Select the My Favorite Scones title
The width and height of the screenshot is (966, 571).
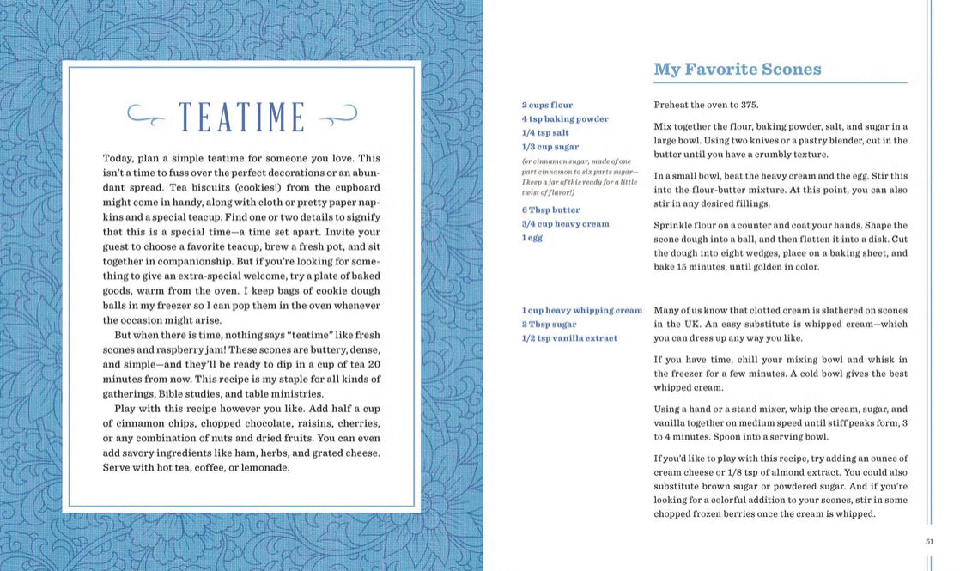[x=737, y=70]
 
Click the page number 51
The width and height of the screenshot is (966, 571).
[x=929, y=540]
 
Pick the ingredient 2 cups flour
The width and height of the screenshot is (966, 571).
[x=547, y=106]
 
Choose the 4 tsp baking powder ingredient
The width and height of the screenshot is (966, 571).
[x=565, y=119]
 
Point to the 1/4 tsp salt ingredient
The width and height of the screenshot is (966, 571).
[x=544, y=133]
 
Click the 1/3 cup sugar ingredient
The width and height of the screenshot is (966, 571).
[x=550, y=147]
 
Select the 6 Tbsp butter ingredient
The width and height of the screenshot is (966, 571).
[x=550, y=210]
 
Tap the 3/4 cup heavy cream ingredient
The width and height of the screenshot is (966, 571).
[x=565, y=223]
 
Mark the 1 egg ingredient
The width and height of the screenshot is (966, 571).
[x=532, y=237]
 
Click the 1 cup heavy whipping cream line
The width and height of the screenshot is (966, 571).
[x=581, y=310]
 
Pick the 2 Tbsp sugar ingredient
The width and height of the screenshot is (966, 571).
[x=549, y=324]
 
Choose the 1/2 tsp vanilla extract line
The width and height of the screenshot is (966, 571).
[x=569, y=337]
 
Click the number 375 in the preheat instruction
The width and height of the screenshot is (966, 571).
[x=750, y=106]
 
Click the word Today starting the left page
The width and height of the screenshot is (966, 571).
[x=118, y=159]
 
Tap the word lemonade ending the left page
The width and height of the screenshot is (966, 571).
[x=265, y=468]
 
